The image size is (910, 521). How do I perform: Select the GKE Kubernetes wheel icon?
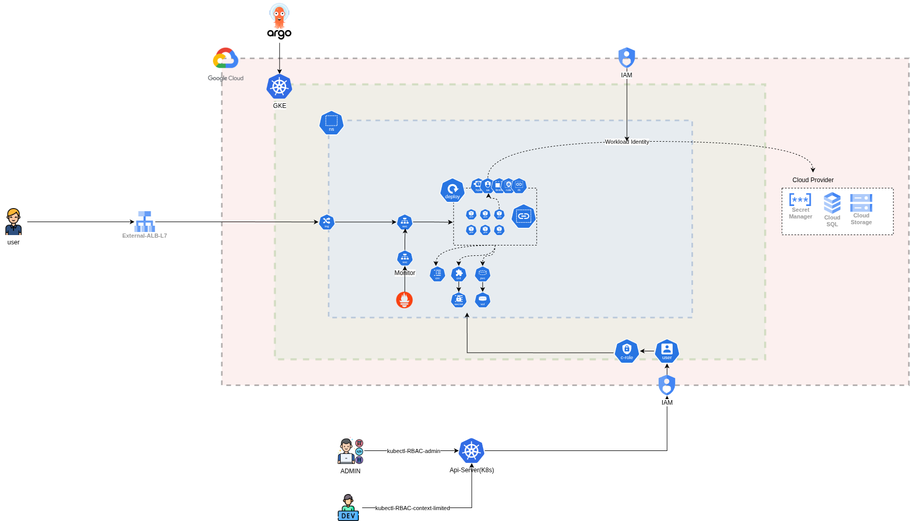pos(279,87)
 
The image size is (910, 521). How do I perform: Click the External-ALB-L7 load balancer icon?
pos(144,222)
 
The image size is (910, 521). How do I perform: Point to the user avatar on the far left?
pos(14,222)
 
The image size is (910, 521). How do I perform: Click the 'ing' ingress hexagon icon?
pos(327,222)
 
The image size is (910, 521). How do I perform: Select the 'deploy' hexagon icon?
pos(452,190)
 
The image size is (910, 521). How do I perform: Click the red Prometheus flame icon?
pos(405,300)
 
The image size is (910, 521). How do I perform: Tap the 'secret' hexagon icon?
pos(459,300)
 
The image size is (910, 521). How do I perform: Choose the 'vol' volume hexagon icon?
pos(483,300)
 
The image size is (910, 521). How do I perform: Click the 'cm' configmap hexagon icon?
pos(437,274)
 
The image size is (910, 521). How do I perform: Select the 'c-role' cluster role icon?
pos(627,351)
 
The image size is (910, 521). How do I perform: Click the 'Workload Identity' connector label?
pos(627,142)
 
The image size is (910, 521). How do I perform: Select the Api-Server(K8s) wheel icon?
pos(472,451)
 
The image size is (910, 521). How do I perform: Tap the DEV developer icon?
pos(349,507)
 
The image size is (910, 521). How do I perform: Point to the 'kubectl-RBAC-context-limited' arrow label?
pos(412,508)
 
